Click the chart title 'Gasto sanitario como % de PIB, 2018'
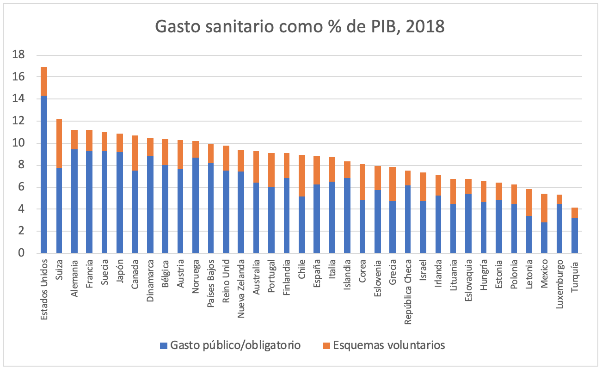(300, 26)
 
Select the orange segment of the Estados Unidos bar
(44, 81)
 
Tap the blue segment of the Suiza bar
(59, 210)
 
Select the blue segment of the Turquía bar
(574, 235)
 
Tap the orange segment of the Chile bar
(301, 176)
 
